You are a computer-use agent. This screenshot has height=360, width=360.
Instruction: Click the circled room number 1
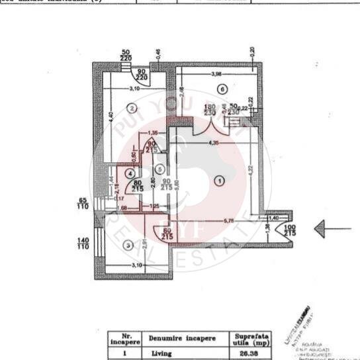click(220, 179)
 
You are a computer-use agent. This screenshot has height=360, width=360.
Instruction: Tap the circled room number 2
click(132, 108)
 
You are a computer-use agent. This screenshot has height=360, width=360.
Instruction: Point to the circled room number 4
click(130, 173)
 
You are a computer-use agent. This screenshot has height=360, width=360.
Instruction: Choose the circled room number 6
click(222, 89)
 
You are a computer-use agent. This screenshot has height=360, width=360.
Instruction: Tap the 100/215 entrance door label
click(289, 231)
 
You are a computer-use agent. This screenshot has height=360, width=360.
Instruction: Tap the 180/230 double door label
click(210, 110)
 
